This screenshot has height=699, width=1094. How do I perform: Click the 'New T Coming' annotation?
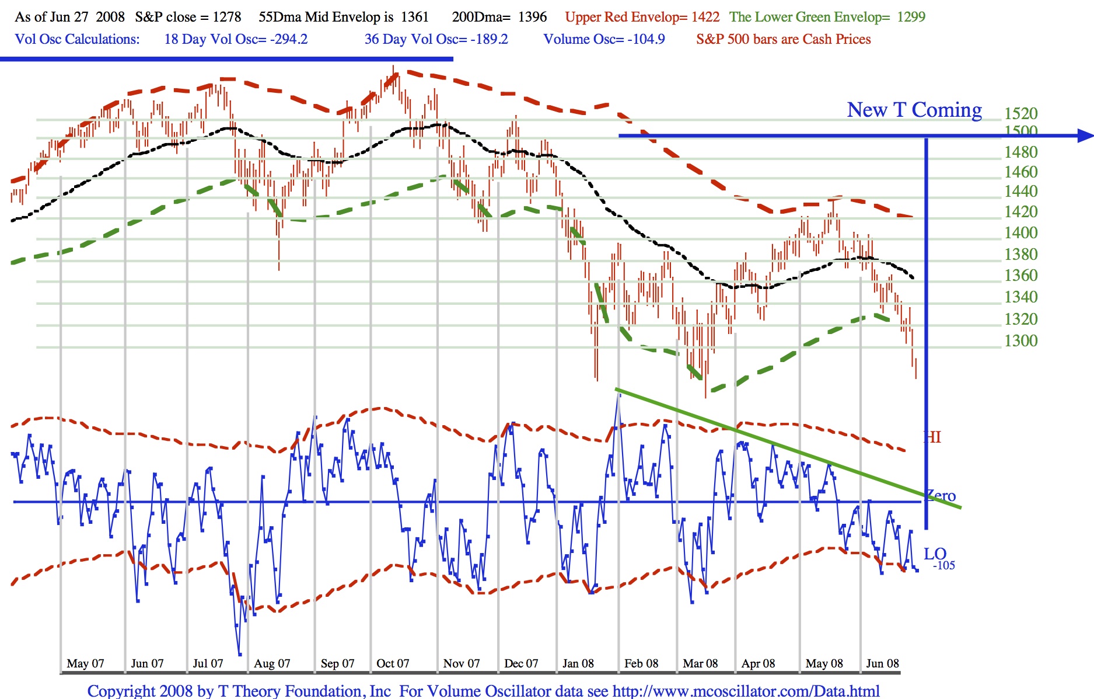coord(914,110)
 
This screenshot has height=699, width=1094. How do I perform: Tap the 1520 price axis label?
coord(1020,113)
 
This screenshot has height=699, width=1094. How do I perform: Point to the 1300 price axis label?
coord(1020,340)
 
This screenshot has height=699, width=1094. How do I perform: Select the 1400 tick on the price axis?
coord(1020,232)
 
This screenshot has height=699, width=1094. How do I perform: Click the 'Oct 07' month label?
coord(393,663)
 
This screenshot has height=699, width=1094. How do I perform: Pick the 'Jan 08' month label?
coord(578,663)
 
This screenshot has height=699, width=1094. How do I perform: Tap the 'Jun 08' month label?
coord(882,663)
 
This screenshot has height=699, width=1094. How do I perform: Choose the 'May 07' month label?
coord(85,663)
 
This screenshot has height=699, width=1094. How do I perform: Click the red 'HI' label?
coord(932,437)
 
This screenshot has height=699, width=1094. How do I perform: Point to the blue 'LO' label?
coord(935,553)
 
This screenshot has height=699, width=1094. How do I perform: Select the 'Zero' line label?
coord(941,496)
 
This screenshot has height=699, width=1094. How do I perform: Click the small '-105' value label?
coord(943,565)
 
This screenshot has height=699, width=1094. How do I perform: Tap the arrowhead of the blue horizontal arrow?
coord(1085,136)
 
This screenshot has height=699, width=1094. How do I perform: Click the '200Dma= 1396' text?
coord(499,17)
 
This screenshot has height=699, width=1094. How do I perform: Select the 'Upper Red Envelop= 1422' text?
coord(642,17)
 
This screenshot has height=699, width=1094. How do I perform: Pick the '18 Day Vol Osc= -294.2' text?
coord(236,39)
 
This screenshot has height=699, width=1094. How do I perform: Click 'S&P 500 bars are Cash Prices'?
coord(783,39)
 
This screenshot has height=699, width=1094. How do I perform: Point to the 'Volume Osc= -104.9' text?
coord(604,39)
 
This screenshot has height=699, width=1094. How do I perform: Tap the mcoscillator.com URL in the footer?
coord(746,691)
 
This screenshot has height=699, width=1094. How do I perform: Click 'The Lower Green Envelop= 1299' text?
coord(827,17)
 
